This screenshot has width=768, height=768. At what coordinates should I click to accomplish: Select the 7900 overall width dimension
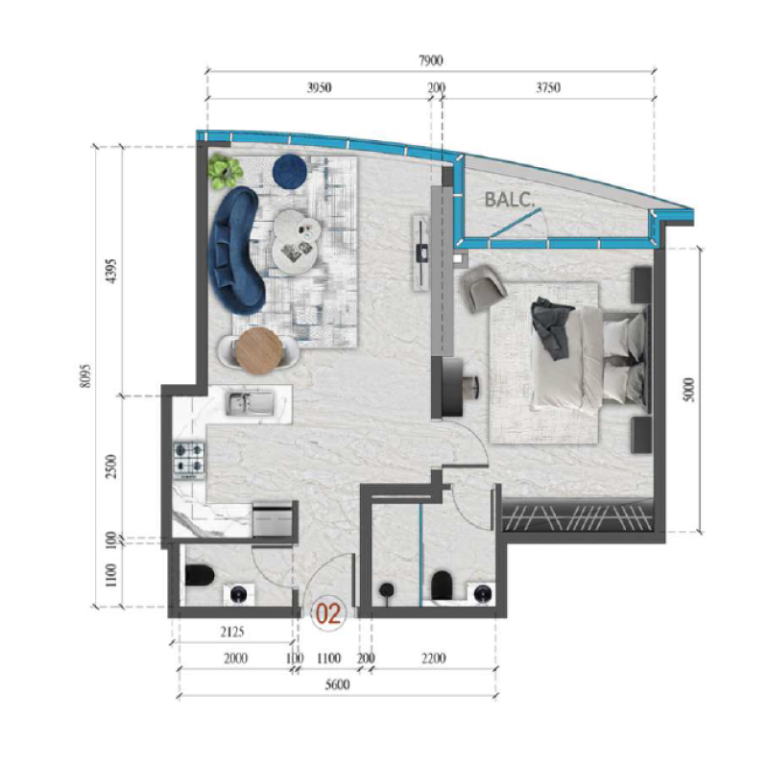[431, 60]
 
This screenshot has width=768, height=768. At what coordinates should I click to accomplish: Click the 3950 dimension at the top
[319, 87]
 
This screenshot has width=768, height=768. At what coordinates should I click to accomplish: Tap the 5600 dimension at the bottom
[335, 684]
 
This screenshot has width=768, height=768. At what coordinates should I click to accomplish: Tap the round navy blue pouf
[289, 170]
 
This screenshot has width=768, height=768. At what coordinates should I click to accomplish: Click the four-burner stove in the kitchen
[189, 457]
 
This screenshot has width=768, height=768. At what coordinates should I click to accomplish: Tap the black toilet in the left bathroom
[199, 578]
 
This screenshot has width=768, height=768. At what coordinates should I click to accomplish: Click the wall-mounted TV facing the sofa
[421, 252]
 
